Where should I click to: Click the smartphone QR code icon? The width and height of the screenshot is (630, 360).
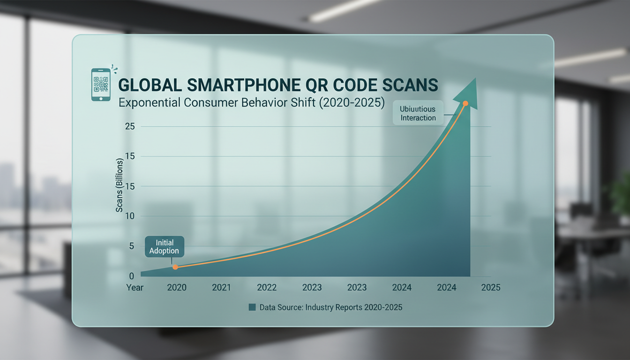(100, 84)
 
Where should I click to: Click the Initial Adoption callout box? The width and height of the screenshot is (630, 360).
(164, 247)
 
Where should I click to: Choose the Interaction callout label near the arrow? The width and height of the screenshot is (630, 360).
(418, 113)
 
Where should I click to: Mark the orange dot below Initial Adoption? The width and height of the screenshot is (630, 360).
(175, 267)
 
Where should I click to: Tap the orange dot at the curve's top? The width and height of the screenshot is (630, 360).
(465, 104)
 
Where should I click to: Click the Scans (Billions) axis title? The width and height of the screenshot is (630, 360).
(119, 186)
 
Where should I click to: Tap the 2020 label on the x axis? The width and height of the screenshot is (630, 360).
(176, 287)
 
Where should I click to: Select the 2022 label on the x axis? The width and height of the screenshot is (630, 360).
(267, 287)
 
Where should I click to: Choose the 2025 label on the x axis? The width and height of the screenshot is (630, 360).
(490, 287)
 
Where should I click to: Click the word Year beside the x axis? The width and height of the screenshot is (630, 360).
(135, 287)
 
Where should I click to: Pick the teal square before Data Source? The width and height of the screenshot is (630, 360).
(252, 307)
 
